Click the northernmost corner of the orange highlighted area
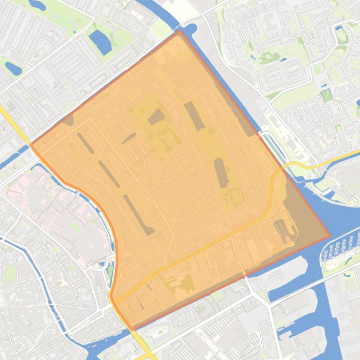tap(179, 31)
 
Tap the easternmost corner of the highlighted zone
tap(330, 236)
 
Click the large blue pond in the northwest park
tap(100, 41)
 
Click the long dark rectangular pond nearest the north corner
tap(194, 115)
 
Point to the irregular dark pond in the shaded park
tap(156, 116)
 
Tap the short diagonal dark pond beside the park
tap(129, 138)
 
